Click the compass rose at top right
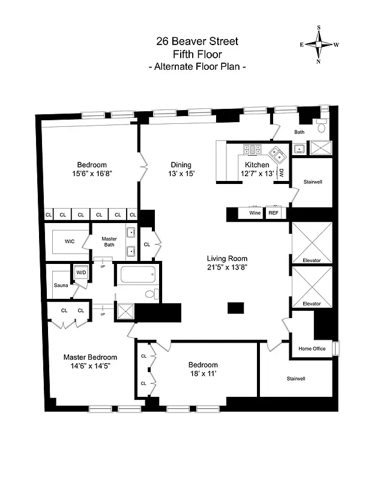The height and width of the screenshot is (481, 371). point(319,44)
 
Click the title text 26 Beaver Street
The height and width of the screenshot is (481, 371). point(197,41)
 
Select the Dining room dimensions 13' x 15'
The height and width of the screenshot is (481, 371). point(181,174)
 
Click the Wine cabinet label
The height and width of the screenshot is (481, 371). point(255,213)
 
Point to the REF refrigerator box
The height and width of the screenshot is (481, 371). point(273,213)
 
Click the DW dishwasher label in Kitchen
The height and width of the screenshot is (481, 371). point(280,172)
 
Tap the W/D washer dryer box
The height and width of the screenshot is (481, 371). point(80,272)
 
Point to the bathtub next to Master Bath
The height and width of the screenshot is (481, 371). point(139,276)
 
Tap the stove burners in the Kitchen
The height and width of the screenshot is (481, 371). point(252,149)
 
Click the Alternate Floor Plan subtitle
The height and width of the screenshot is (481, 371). point(197,67)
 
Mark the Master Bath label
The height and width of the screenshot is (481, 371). point(109,242)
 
